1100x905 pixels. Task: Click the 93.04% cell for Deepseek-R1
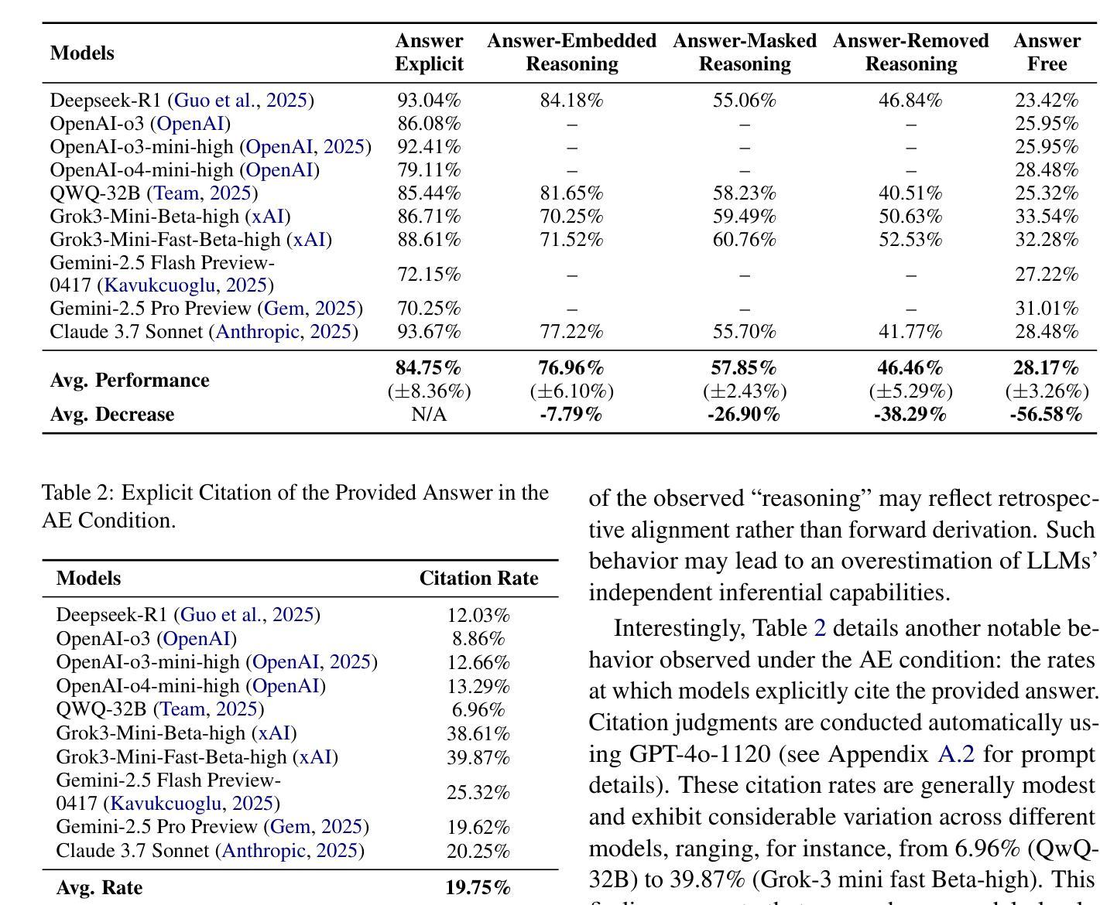[x=429, y=100]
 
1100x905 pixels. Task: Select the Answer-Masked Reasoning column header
[x=744, y=52]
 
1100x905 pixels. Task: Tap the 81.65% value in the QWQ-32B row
[x=571, y=193]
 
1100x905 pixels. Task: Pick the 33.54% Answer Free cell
[x=1047, y=216]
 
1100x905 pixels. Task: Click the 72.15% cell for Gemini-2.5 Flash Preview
[x=429, y=274]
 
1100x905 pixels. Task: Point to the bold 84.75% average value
[x=428, y=367]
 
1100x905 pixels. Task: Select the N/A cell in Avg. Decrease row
[x=429, y=414]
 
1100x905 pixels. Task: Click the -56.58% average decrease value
[x=1046, y=414]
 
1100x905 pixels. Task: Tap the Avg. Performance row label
[x=129, y=380]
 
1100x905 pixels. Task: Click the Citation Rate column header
[x=478, y=578]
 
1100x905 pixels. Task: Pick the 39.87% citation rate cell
[x=478, y=757]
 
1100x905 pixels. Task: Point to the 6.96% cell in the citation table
[x=478, y=709]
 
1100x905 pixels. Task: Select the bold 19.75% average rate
[x=478, y=887]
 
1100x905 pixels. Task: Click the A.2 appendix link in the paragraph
[x=955, y=754]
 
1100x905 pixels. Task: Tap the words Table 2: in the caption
[x=78, y=493]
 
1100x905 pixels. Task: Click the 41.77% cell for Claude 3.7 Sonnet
[x=910, y=332]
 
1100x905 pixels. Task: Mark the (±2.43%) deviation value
[x=744, y=391]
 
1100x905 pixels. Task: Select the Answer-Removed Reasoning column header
[x=910, y=52]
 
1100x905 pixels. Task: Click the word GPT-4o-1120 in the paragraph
[x=700, y=754]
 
